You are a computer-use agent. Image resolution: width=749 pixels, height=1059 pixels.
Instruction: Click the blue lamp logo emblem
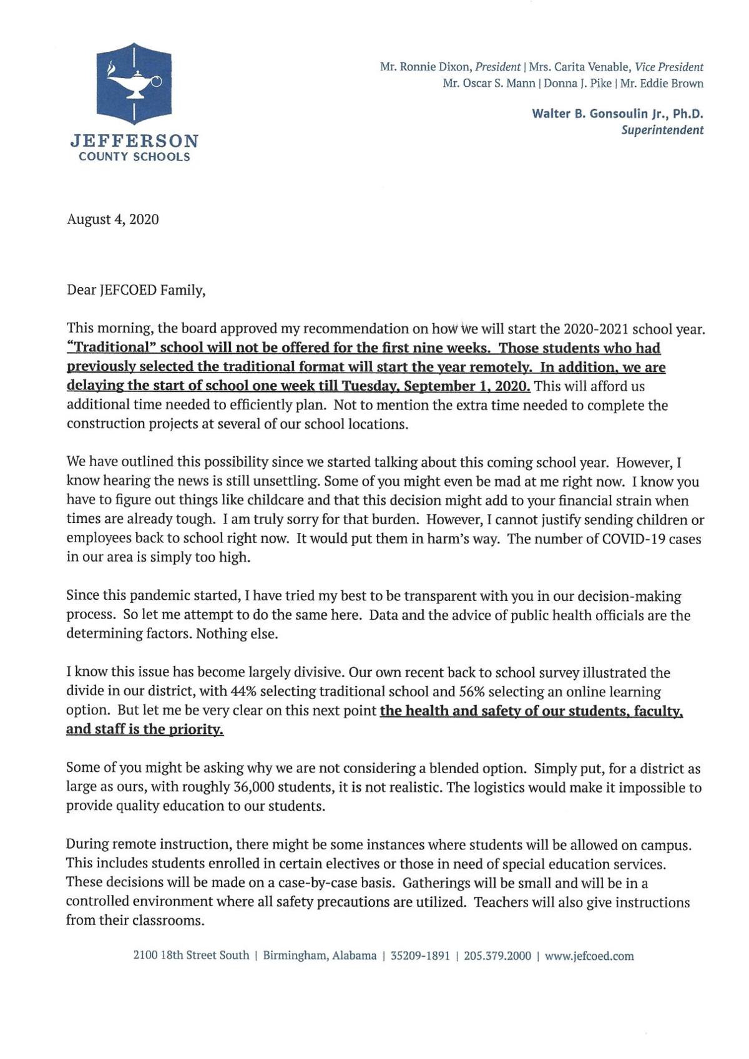[134, 83]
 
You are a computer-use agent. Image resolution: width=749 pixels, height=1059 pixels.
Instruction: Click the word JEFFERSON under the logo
[134, 140]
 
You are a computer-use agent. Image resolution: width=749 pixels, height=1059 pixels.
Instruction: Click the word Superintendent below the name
[662, 130]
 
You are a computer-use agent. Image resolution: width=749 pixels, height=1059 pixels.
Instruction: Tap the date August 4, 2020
[112, 219]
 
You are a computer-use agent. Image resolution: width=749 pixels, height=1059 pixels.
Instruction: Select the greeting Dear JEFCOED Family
[135, 290]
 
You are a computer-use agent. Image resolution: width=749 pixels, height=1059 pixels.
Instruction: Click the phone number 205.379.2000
[497, 955]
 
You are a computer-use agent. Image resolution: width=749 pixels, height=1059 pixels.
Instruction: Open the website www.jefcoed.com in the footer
[589, 955]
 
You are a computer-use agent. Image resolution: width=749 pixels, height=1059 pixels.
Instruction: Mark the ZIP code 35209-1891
[420, 955]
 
